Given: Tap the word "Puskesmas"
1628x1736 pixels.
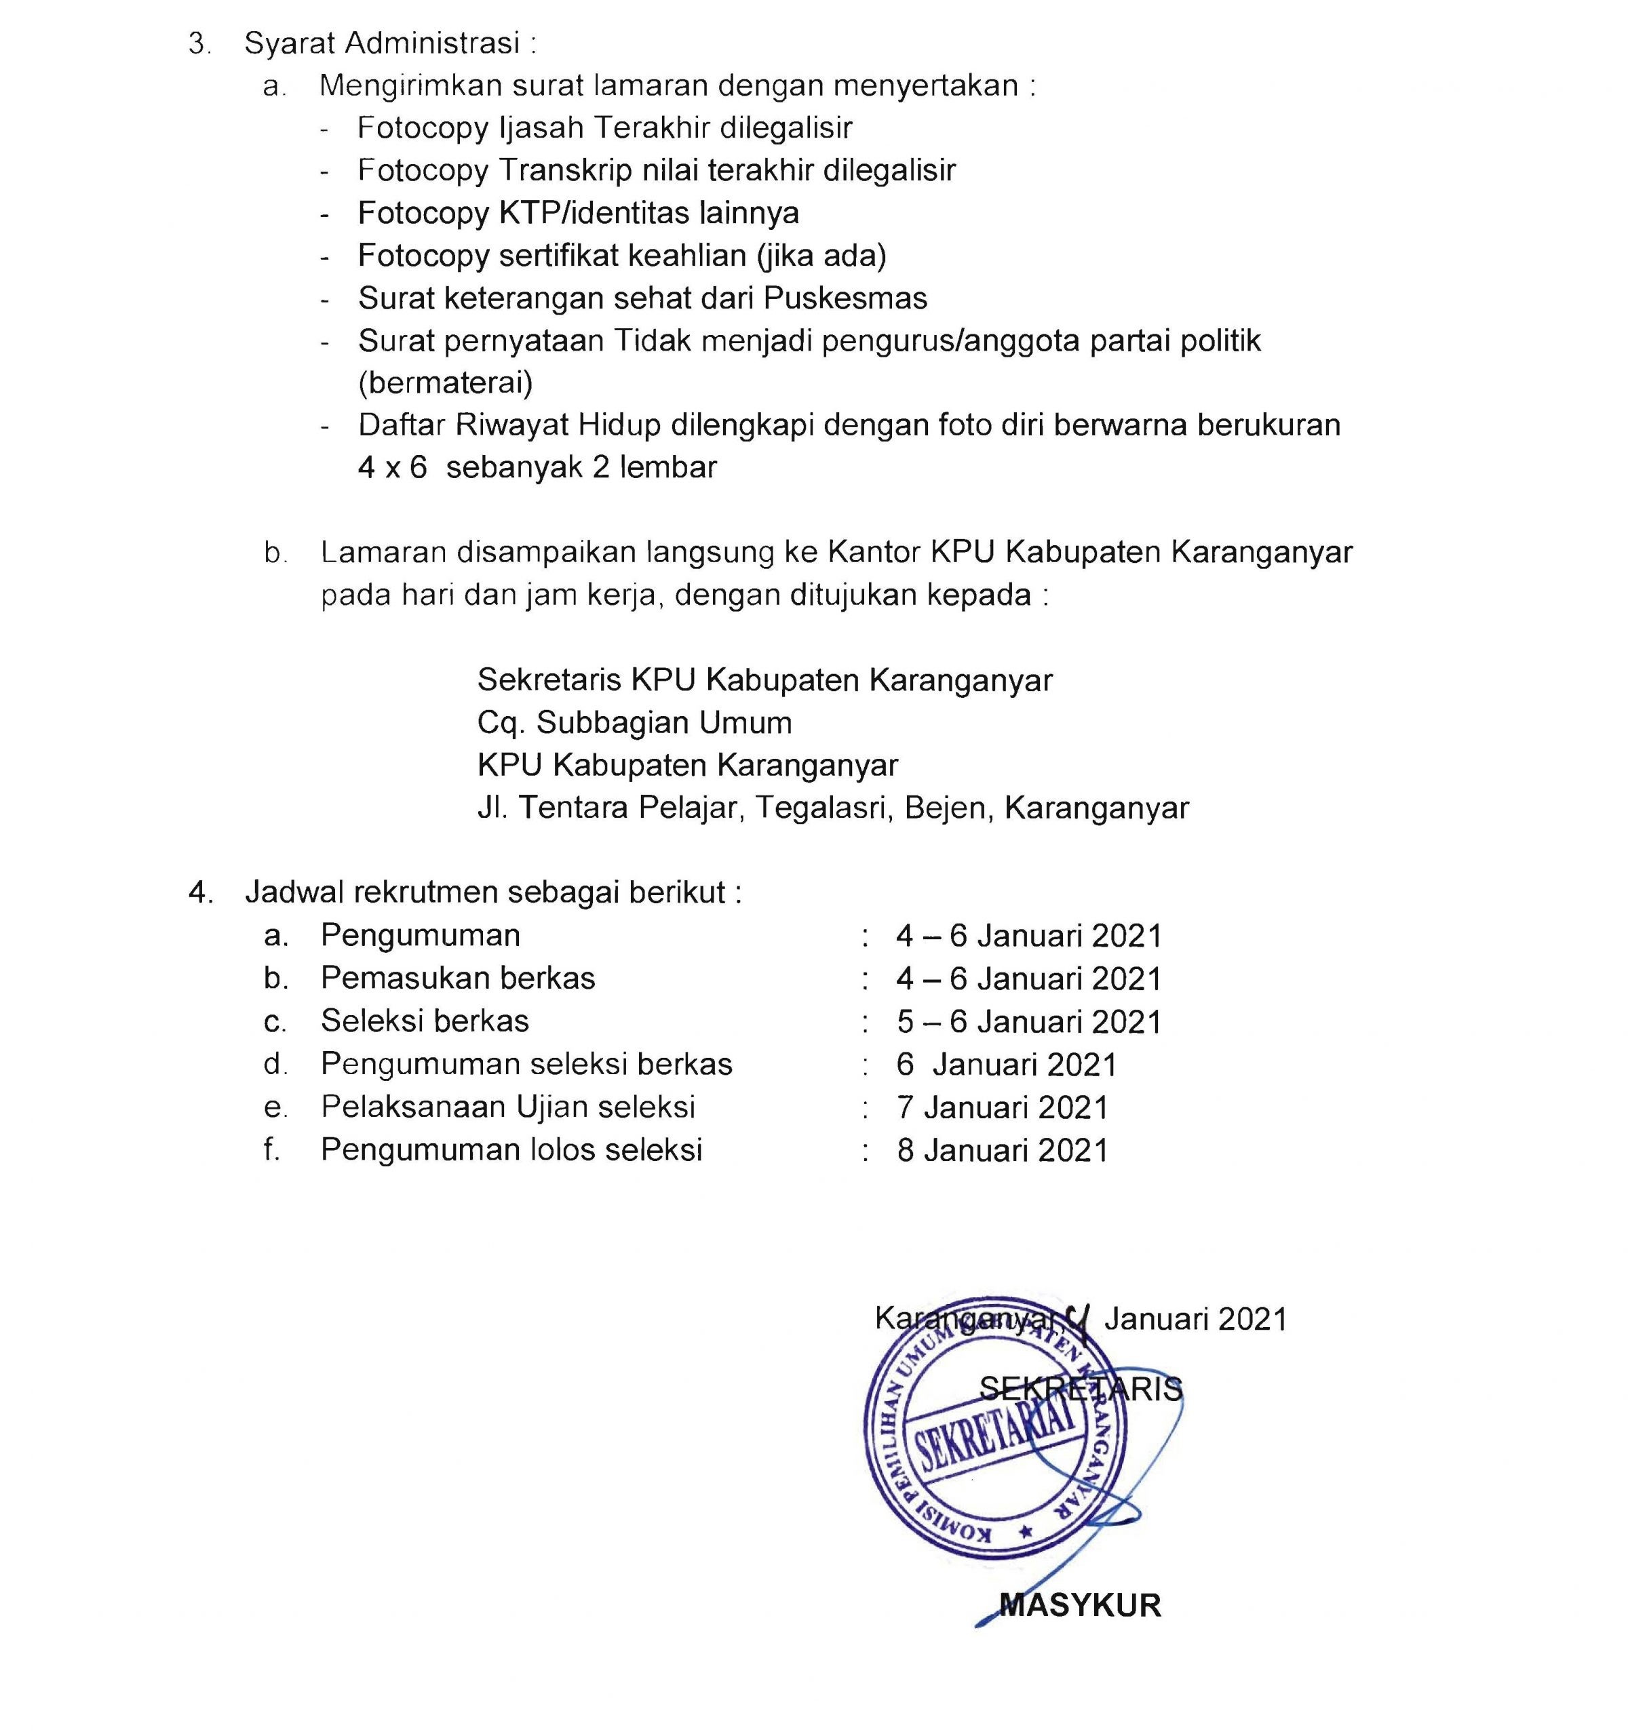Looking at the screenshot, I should pyautogui.click(x=845, y=298).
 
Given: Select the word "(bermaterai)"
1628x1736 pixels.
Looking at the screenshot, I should pyautogui.click(x=446, y=382).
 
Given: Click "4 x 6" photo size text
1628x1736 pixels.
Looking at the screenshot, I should pyautogui.click(x=392, y=467).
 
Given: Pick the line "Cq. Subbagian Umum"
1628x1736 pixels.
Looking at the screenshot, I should pyautogui.click(x=635, y=722).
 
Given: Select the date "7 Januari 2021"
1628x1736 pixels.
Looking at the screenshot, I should pyautogui.click(x=1002, y=1107).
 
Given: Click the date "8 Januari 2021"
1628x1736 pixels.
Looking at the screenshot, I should pyautogui.click(x=1002, y=1150).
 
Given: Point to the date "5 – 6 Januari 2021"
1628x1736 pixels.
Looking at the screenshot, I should pyautogui.click(x=1028, y=1022).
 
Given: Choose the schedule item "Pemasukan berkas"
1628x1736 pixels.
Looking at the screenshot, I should pyautogui.click(x=458, y=978).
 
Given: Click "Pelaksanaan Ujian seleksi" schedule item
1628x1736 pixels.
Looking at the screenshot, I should pyautogui.click(x=507, y=1107).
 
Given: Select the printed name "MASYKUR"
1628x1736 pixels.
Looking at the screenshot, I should pyautogui.click(x=1079, y=1604).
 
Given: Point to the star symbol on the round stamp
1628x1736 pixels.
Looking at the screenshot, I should pyautogui.click(x=1026, y=1530).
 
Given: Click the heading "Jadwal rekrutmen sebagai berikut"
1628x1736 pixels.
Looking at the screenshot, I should pyautogui.click(x=492, y=892).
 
